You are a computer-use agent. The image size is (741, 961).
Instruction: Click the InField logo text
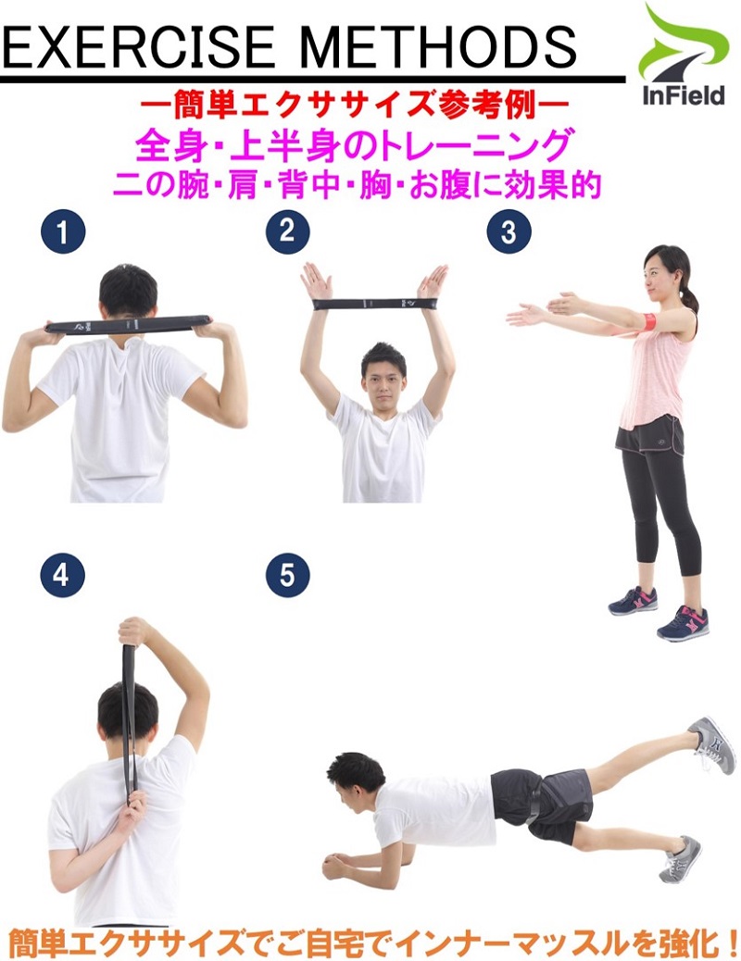(683, 95)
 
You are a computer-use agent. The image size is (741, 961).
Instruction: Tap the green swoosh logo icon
(684, 43)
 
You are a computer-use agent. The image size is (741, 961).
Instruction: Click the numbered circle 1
(63, 232)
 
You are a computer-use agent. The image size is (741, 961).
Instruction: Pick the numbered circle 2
(288, 231)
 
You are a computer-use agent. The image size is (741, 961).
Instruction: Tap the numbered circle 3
(509, 232)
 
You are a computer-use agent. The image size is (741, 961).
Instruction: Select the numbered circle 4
(61, 576)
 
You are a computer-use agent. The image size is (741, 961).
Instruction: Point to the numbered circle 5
(288, 576)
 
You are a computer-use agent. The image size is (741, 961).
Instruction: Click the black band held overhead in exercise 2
(374, 304)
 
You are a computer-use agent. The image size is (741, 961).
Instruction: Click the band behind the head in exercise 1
(129, 324)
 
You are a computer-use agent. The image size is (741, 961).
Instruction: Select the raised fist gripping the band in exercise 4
(136, 631)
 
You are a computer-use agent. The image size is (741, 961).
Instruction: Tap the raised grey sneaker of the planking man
(713, 744)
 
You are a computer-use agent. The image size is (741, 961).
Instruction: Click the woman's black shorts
(649, 435)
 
